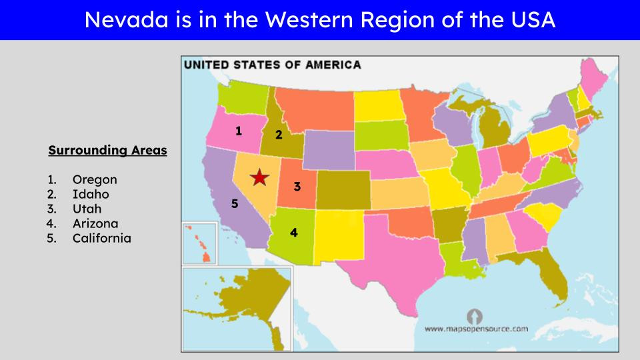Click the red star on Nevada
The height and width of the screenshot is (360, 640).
(x=259, y=177)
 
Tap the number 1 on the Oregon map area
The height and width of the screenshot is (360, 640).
(x=239, y=131)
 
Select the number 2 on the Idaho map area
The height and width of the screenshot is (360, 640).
(x=279, y=134)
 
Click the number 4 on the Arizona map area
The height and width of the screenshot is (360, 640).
(x=293, y=233)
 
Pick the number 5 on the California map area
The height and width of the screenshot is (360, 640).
(x=235, y=204)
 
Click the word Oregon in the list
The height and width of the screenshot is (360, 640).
(x=95, y=179)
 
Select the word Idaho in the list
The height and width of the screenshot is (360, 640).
(x=91, y=194)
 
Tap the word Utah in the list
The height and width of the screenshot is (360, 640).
(x=87, y=209)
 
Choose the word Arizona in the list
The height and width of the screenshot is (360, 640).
(x=95, y=223)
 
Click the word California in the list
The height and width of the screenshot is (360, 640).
(x=101, y=238)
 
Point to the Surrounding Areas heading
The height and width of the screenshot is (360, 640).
(x=107, y=151)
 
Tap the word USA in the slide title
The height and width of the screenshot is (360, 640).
(x=529, y=20)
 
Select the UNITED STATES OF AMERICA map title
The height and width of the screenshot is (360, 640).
(x=273, y=65)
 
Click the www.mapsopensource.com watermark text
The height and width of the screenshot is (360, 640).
(x=476, y=329)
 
